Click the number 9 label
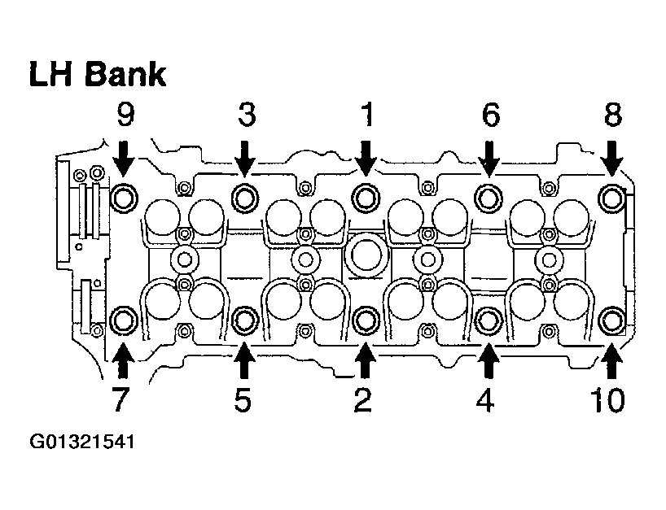coord(125,115)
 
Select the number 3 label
coord(245,115)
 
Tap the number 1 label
coord(366,115)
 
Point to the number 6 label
coord(489,115)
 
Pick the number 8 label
coord(612,115)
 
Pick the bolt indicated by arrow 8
coord(611,196)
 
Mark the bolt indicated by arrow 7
coord(124,320)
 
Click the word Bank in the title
coord(126,74)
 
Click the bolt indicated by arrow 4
coord(488,319)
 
